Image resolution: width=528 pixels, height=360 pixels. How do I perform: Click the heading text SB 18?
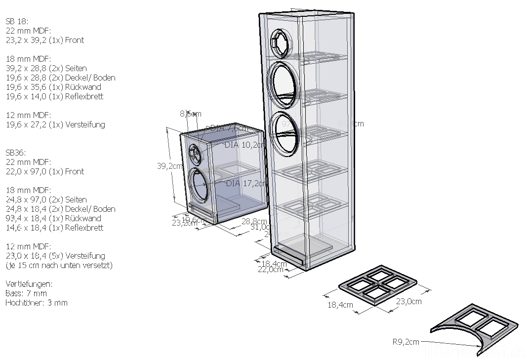(17, 21)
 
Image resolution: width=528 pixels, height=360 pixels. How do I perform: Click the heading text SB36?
(16, 153)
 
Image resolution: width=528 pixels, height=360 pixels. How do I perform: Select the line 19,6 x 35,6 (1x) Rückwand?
(53, 87)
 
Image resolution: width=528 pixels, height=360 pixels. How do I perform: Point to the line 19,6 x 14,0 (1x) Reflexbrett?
(54, 96)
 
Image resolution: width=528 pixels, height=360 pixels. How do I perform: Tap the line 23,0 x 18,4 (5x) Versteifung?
(55, 256)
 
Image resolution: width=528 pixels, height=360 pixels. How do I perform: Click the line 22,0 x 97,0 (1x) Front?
(44, 171)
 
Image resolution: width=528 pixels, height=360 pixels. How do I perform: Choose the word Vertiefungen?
(29, 284)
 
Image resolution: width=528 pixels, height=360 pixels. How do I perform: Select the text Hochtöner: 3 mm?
(37, 303)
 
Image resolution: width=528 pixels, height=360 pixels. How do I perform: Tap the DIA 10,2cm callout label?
(244, 145)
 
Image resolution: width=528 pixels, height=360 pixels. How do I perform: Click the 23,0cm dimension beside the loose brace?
(407, 301)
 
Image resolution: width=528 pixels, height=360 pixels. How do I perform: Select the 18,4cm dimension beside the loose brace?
(340, 305)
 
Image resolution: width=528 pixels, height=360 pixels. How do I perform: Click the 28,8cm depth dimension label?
(254, 222)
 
